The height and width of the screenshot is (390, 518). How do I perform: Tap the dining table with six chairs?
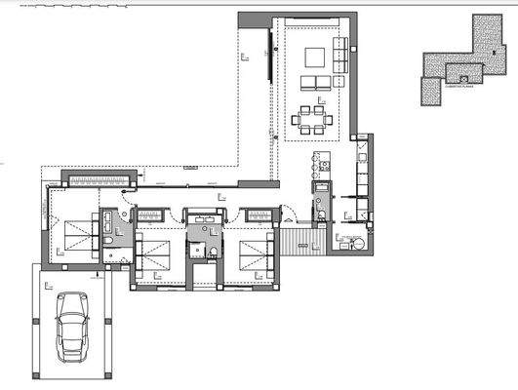[313, 121]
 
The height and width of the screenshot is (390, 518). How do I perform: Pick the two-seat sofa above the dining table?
[314, 82]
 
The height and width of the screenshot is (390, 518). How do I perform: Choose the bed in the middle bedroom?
[154, 255]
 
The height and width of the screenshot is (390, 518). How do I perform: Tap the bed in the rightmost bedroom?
[257, 255]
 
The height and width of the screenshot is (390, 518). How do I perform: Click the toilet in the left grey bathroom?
[122, 255]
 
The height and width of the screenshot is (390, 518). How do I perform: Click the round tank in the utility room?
[357, 243]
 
